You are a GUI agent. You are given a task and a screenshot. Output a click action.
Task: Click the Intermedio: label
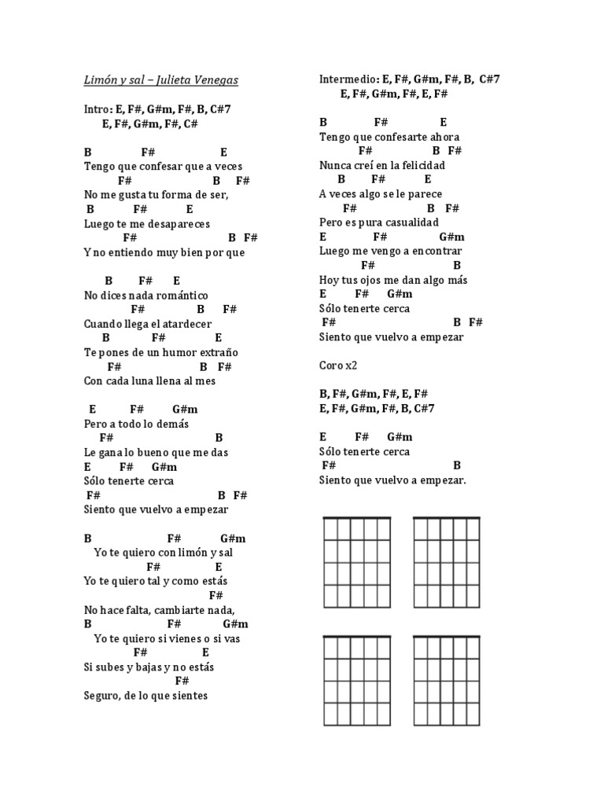click(348, 79)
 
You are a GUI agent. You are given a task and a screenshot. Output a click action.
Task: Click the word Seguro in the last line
click(101, 696)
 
